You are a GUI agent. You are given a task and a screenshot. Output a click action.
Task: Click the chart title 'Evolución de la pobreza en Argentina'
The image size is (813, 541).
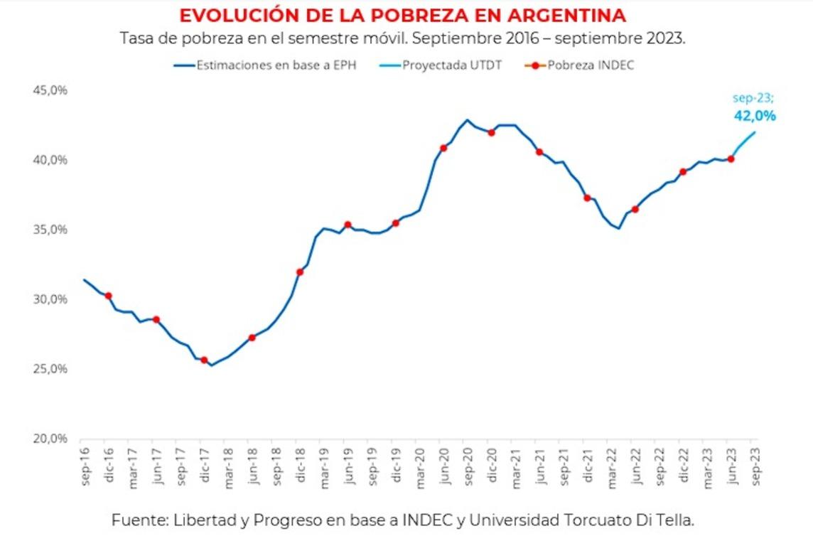click(x=402, y=16)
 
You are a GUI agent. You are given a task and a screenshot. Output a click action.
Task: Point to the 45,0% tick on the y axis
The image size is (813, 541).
click(x=50, y=91)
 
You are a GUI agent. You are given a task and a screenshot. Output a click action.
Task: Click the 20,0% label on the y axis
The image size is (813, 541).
click(x=50, y=439)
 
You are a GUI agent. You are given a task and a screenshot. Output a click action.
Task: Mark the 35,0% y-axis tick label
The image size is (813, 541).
click(x=50, y=230)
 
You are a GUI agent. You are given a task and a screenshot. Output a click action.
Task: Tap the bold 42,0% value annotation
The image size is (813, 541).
click(x=754, y=116)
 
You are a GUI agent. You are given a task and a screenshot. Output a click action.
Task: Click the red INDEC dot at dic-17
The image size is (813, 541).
click(x=204, y=360)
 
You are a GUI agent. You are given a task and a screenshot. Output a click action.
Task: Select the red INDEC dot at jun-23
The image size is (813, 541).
click(x=731, y=159)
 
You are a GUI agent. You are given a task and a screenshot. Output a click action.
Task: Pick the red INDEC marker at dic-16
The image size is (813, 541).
click(x=108, y=296)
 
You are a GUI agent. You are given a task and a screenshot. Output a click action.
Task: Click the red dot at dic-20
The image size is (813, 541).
click(x=491, y=133)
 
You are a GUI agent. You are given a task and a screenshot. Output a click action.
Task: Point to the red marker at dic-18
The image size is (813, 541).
click(x=300, y=272)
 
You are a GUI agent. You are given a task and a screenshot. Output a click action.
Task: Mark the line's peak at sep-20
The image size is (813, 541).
click(x=467, y=120)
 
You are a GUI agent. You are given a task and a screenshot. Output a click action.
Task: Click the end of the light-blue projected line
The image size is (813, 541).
click(x=755, y=132)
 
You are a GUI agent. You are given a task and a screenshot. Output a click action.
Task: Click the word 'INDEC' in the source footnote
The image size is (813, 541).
click(x=424, y=520)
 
